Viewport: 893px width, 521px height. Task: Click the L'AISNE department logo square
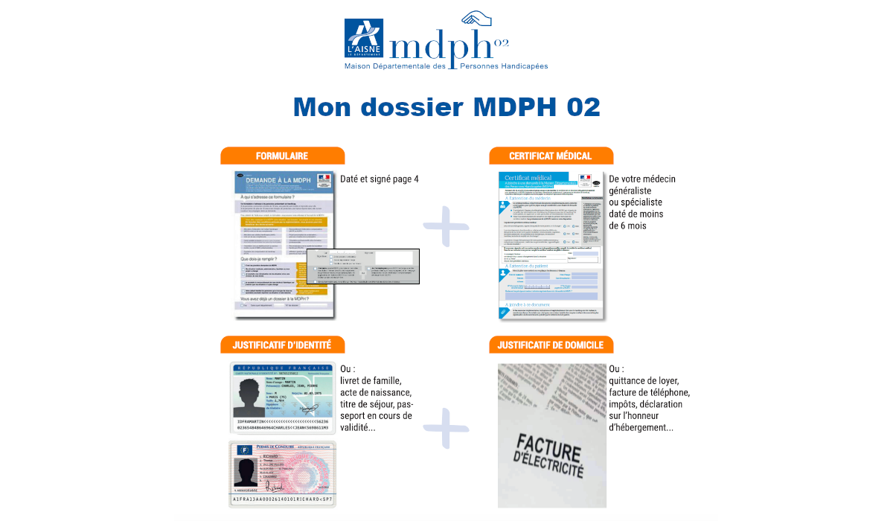[364, 38]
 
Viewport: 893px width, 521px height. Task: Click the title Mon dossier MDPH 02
[446, 107]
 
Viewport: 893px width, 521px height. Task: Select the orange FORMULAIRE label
[282, 156]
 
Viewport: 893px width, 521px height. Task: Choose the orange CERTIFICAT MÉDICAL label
[551, 156]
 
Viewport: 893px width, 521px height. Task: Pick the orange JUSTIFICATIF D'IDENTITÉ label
[282, 345]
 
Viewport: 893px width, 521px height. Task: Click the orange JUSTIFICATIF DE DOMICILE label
[551, 345]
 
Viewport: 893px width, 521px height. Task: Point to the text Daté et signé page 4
[380, 179]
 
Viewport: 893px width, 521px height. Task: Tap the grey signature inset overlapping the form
[363, 266]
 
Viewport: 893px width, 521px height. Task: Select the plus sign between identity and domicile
[446, 429]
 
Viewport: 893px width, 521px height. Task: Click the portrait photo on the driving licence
[246, 471]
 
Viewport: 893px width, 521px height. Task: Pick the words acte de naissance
[375, 392]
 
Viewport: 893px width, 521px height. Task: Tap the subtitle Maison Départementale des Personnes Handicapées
[446, 66]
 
